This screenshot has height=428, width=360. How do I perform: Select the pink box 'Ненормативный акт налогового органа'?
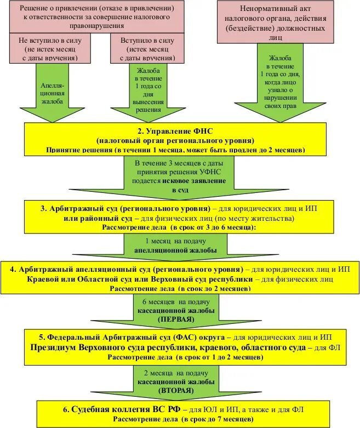(275, 22)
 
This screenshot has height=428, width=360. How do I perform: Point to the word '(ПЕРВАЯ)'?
(175, 318)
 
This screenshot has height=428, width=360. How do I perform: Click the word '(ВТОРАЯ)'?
(176, 390)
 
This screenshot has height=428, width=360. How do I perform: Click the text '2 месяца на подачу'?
(175, 373)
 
